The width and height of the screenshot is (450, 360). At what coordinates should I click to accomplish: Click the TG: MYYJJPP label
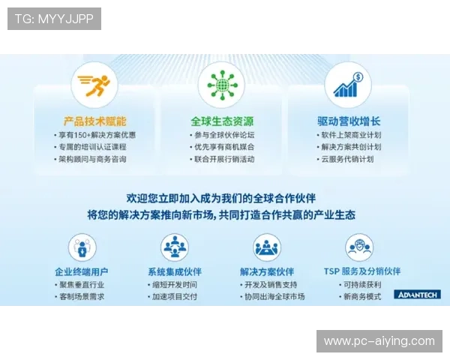(x=54, y=19)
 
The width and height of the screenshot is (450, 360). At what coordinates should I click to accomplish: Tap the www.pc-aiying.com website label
(x=379, y=341)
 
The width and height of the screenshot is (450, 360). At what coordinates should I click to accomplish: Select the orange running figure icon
(x=94, y=85)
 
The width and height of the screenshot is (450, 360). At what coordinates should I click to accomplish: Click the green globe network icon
(x=221, y=85)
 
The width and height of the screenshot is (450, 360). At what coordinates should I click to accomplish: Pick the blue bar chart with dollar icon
(x=348, y=85)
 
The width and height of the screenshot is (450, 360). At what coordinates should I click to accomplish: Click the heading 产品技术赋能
(x=94, y=121)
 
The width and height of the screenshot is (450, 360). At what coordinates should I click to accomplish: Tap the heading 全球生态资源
(x=221, y=121)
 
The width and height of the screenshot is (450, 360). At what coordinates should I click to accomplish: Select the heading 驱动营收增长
(x=349, y=121)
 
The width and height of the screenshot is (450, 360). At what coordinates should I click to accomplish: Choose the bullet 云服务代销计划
(x=349, y=159)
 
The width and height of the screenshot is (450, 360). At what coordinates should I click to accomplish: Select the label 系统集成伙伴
(x=175, y=271)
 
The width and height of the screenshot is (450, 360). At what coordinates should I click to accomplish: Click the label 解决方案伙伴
(x=267, y=271)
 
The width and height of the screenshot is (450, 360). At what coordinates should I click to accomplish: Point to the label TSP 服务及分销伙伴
(x=361, y=271)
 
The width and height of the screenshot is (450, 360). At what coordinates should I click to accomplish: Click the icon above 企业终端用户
(x=82, y=247)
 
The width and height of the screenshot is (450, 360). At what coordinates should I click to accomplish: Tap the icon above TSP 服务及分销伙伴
(x=359, y=247)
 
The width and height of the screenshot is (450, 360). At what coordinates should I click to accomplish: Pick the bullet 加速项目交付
(x=175, y=296)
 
